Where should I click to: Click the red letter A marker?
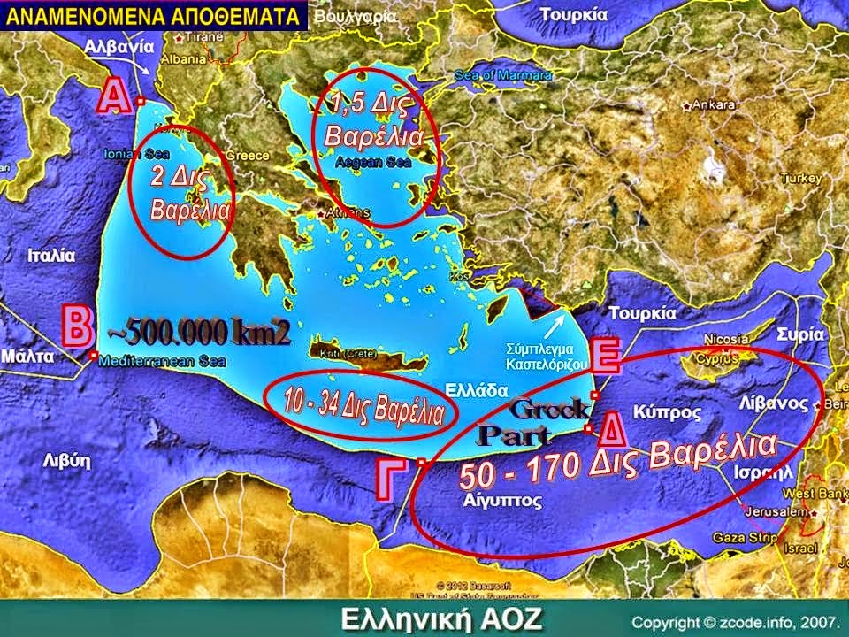point(110,96)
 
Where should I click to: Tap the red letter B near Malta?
point(76,326)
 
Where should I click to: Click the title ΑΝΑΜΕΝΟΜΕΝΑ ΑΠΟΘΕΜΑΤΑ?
point(152,15)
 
